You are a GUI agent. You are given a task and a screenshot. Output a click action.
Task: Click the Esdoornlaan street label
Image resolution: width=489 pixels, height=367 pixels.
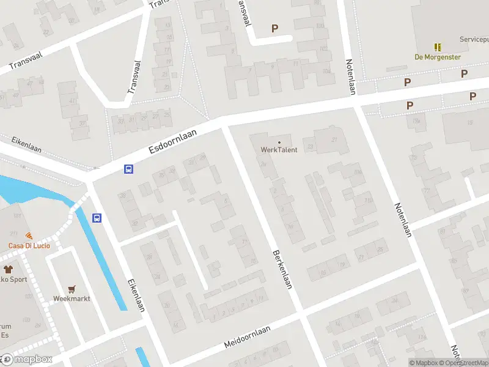pyautogui.click(x=176, y=141)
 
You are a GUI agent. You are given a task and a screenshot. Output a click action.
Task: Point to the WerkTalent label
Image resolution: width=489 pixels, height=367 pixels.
pyautogui.click(x=279, y=150)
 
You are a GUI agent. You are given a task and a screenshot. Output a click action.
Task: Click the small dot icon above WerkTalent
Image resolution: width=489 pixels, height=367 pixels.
pyautogui.click(x=279, y=143)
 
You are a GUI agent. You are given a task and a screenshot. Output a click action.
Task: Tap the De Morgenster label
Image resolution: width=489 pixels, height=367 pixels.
pyautogui.click(x=438, y=57)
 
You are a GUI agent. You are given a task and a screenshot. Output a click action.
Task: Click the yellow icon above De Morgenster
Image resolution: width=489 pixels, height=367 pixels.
pyautogui.click(x=438, y=47)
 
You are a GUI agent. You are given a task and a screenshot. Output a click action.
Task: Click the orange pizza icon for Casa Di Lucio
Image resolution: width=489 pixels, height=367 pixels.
pyautogui.click(x=29, y=235)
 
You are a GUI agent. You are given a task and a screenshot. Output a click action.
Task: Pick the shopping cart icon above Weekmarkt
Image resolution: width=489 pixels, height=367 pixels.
pyautogui.click(x=72, y=289)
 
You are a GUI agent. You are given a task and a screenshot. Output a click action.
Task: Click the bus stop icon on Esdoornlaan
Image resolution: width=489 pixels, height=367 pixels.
pyautogui.click(x=129, y=169)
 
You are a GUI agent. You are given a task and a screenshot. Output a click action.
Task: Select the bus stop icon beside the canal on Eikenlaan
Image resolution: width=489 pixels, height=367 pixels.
pyautogui.click(x=97, y=217)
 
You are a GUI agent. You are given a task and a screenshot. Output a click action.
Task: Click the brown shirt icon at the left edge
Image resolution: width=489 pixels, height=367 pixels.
pyautogui.click(x=8, y=269)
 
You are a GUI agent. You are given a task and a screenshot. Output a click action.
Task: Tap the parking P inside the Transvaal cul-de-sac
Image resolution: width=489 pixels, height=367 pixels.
pyautogui.click(x=274, y=28)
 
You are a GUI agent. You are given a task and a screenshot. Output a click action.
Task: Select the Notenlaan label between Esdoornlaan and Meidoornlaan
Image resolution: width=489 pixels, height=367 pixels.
pyautogui.click(x=403, y=220)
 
